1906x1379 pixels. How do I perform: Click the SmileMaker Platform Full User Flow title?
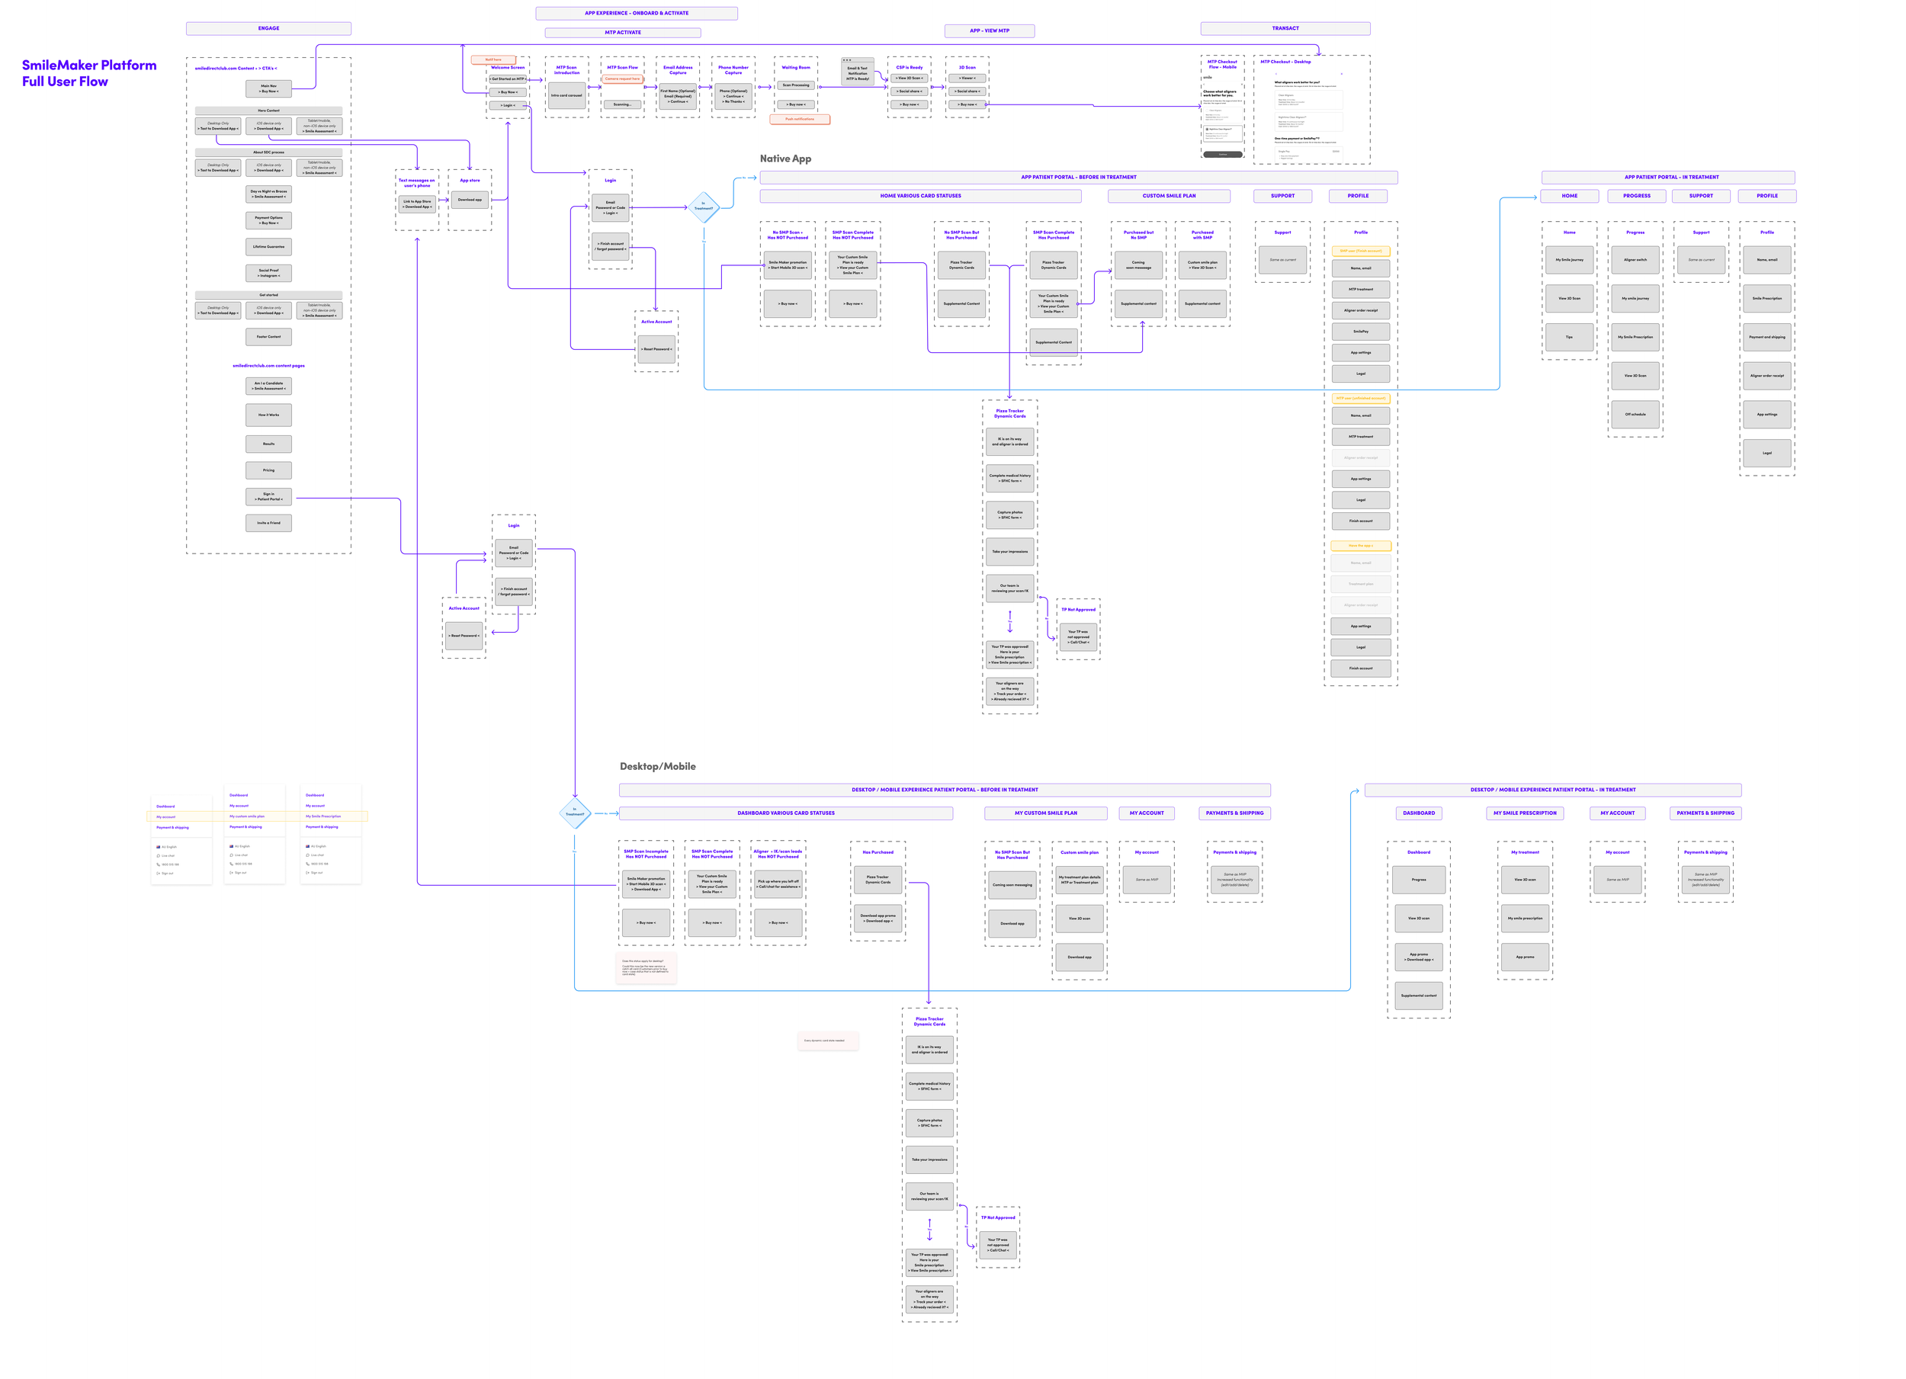coord(88,73)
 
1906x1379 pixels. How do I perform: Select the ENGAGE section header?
coord(268,28)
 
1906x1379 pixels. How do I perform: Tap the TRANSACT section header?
coord(1284,28)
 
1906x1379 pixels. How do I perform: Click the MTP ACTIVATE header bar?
coord(623,33)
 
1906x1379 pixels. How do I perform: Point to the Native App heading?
coord(785,159)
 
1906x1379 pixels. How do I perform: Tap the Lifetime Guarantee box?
coord(268,247)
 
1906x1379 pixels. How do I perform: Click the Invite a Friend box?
coord(268,523)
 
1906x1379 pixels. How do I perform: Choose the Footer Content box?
coord(268,337)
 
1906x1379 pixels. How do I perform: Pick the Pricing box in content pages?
coord(268,470)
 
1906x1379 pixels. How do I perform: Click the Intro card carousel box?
coord(566,96)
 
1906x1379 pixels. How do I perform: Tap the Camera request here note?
coord(622,79)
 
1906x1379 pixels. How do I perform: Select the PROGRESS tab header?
coord(1636,196)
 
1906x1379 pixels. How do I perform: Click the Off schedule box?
coord(1635,414)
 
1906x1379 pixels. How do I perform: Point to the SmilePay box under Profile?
coord(1360,332)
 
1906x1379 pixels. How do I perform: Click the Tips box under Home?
coord(1568,337)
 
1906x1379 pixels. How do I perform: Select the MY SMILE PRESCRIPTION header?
coord(1525,813)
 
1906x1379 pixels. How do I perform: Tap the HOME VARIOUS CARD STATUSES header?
coord(920,196)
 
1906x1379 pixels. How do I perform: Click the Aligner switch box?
coord(1635,260)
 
